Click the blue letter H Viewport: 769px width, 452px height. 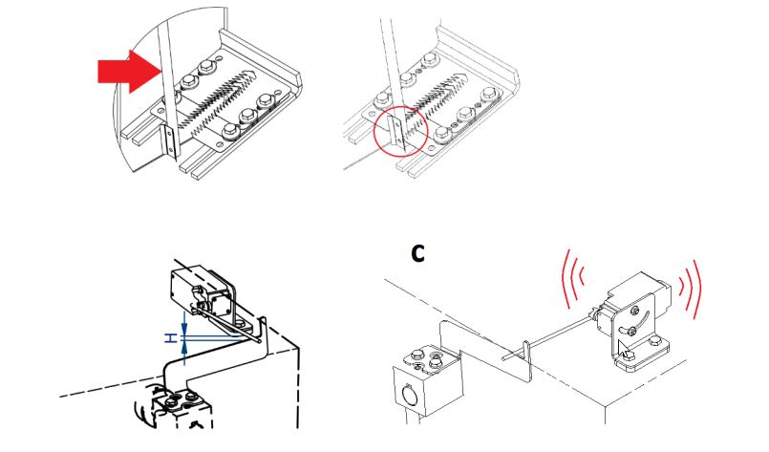[x=170, y=337]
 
